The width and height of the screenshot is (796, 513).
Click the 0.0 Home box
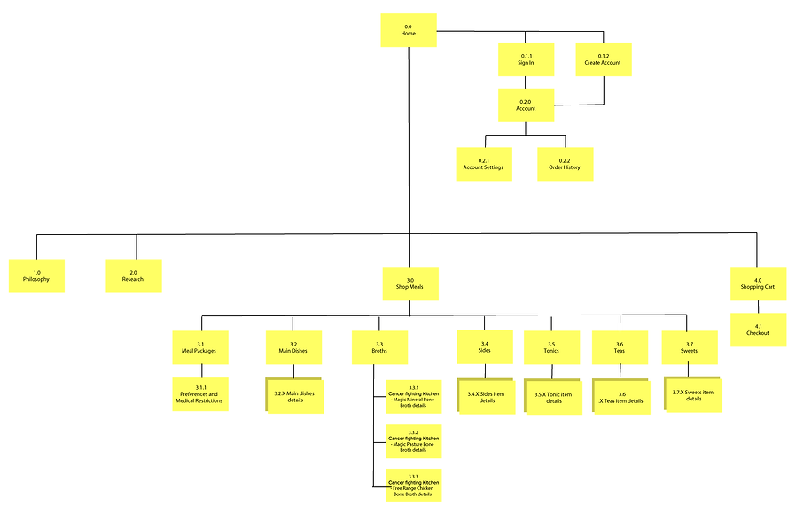click(408, 30)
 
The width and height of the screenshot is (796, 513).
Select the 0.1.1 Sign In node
click(526, 59)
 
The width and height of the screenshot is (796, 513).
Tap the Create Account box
click(603, 59)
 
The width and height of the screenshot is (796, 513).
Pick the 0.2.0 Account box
click(526, 105)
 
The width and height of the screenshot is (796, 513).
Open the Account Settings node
click(483, 164)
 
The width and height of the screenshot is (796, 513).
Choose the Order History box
click(565, 164)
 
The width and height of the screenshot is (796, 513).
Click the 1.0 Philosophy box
click(36, 276)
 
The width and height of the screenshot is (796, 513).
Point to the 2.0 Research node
click(134, 276)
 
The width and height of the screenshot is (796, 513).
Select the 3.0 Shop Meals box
click(409, 283)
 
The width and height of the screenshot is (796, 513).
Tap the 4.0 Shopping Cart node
click(758, 283)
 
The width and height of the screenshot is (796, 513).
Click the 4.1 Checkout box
click(758, 330)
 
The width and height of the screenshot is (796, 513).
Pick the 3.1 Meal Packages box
click(200, 347)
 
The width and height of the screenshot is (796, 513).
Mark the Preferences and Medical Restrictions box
click(200, 394)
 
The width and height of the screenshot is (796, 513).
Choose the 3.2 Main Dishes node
click(293, 347)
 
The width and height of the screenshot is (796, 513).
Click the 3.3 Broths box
click(379, 347)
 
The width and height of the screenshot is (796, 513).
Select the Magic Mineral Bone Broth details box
click(413, 397)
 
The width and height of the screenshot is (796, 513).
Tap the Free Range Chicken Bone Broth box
click(413, 486)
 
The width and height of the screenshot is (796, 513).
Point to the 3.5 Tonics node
click(551, 347)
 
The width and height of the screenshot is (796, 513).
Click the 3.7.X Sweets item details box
click(693, 394)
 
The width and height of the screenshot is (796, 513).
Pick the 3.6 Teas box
click(620, 347)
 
